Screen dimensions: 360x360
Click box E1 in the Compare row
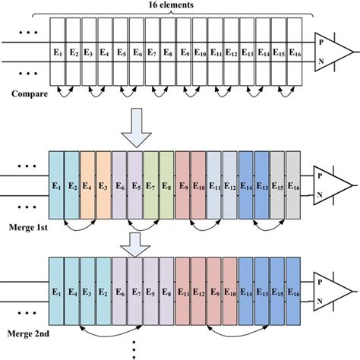coord(57,52)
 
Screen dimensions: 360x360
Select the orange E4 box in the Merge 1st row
coord(88,185)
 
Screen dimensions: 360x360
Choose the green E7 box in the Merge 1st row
coord(151,185)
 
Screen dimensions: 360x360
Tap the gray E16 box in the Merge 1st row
coord(293,185)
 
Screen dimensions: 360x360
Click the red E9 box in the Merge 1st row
coord(183,185)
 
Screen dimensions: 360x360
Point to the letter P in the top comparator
coord(323,43)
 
